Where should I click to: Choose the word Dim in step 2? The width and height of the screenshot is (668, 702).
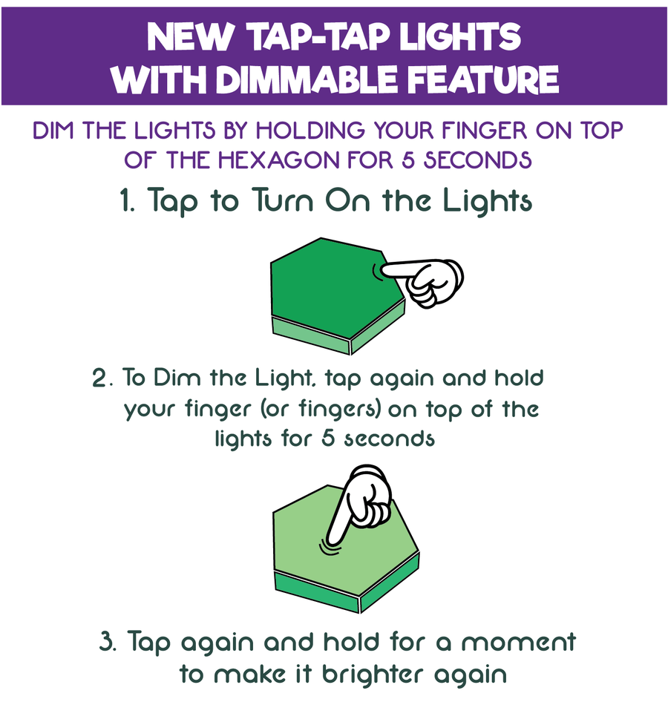(175, 378)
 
